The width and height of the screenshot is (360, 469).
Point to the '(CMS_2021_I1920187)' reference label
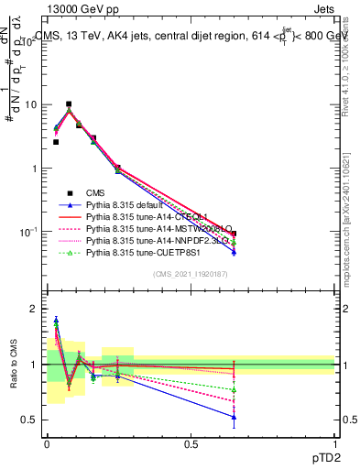point(191,273)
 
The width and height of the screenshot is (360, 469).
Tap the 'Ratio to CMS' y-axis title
point(14,364)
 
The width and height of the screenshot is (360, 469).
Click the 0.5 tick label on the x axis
point(191,443)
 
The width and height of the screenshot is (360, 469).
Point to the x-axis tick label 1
point(334,443)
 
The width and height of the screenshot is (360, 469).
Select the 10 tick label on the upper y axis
point(30,104)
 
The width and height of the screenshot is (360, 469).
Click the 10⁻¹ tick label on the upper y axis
point(27,233)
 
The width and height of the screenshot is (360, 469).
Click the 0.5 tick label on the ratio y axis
point(29,420)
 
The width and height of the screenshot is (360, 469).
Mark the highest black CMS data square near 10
point(69,104)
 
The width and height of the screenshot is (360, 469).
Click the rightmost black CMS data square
point(234,234)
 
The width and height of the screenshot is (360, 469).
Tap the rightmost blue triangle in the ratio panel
point(234,417)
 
